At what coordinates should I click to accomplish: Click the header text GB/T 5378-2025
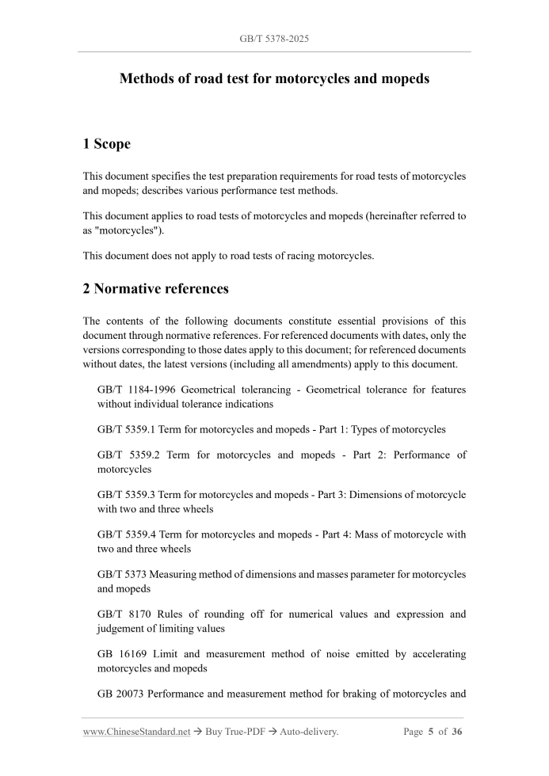[x=273, y=38]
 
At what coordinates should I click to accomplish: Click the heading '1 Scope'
[x=107, y=144]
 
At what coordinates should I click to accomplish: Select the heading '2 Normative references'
[x=155, y=289]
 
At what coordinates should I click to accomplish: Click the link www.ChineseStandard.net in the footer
[x=136, y=732]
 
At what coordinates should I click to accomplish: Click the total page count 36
[x=457, y=732]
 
